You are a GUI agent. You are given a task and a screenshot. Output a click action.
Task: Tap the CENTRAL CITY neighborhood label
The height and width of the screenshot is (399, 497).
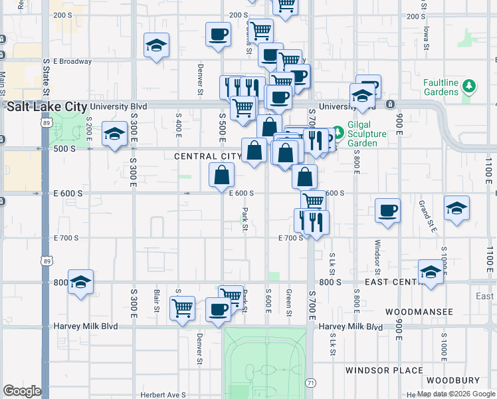click(208, 156)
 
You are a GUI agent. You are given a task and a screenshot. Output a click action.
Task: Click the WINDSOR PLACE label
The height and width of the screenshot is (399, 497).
click(384, 370)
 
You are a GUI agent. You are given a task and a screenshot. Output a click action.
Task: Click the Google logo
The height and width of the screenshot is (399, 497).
click(22, 391)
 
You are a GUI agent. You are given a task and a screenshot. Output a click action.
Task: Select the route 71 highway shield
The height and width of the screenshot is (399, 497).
click(310, 383)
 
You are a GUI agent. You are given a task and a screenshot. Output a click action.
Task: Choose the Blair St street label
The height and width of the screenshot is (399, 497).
click(157, 300)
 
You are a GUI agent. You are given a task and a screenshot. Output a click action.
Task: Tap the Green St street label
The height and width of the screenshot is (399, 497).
click(289, 300)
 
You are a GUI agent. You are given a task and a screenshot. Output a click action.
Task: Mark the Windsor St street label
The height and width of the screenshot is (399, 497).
click(377, 257)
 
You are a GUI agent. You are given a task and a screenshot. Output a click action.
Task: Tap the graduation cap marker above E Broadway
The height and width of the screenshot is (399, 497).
click(156, 46)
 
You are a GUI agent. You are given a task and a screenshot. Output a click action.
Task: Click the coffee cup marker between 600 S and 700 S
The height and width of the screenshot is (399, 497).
click(387, 211)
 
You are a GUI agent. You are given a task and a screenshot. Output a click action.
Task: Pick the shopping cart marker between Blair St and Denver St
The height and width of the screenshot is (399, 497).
click(182, 308)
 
